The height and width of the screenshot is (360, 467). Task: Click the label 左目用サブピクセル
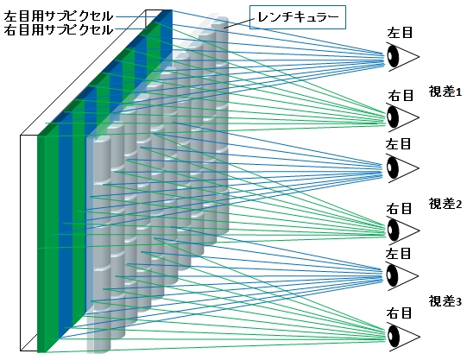[59, 16]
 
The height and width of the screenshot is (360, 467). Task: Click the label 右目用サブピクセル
[59, 29]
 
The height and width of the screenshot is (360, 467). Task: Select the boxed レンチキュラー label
[298, 17]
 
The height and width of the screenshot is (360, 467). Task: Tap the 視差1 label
[445, 92]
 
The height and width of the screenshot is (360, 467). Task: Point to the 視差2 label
[445, 204]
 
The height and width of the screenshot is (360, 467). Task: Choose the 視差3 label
[445, 301]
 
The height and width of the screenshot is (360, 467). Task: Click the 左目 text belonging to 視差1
[400, 33]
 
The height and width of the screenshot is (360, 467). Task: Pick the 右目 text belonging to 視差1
[401, 95]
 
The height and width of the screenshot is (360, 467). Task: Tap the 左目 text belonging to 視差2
[398, 144]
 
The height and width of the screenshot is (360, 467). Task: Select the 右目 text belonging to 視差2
[399, 208]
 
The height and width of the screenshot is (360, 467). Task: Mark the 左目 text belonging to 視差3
[398, 254]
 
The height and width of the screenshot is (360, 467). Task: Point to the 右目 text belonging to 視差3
[399, 313]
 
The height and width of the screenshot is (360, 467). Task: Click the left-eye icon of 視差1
[402, 57]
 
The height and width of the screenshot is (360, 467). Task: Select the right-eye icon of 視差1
[402, 117]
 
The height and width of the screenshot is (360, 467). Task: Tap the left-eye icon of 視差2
[402, 168]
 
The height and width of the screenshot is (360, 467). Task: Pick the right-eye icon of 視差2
[402, 231]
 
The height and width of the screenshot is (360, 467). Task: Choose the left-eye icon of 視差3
[402, 276]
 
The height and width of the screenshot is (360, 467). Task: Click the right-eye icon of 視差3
[402, 337]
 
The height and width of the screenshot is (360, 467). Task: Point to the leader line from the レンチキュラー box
[237, 23]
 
